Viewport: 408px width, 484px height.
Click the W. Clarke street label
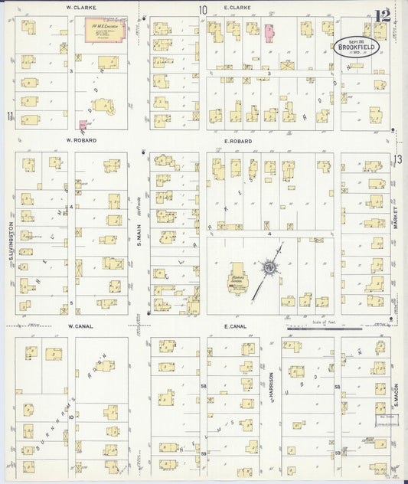pos(80,7)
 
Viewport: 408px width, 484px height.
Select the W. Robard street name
pos(80,141)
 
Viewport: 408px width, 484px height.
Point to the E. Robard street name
pos(238,142)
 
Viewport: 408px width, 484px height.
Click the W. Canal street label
pos(80,326)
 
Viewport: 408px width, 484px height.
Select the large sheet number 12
pos(383,15)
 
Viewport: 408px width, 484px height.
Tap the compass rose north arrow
pos(270,267)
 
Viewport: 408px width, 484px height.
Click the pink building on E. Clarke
pos(269,31)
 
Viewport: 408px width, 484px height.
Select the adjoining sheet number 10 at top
pos(203,10)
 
